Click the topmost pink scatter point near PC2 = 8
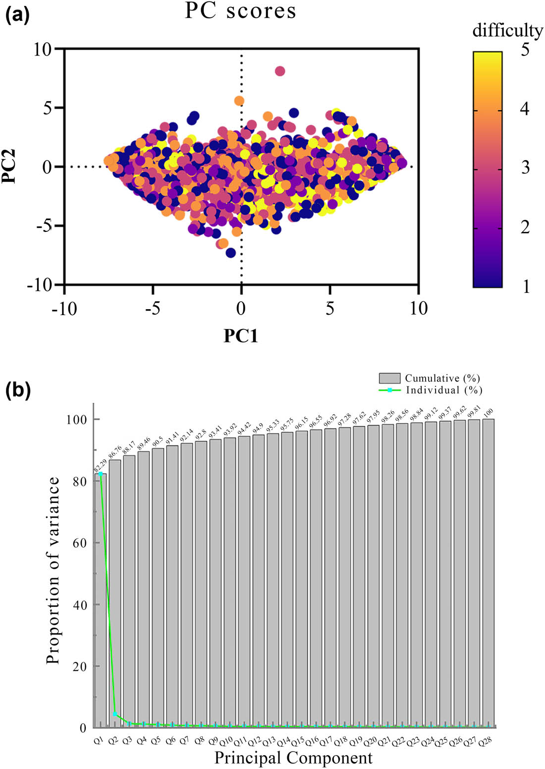tap(280, 71)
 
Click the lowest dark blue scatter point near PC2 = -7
tap(230, 253)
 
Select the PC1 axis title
tap(241, 335)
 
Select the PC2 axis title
tap(10, 167)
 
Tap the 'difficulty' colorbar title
tap(507, 31)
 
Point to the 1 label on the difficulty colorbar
tap(525, 286)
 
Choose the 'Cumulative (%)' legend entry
tap(442, 379)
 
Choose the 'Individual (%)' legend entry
tap(444, 390)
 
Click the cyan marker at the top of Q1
tap(101, 474)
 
